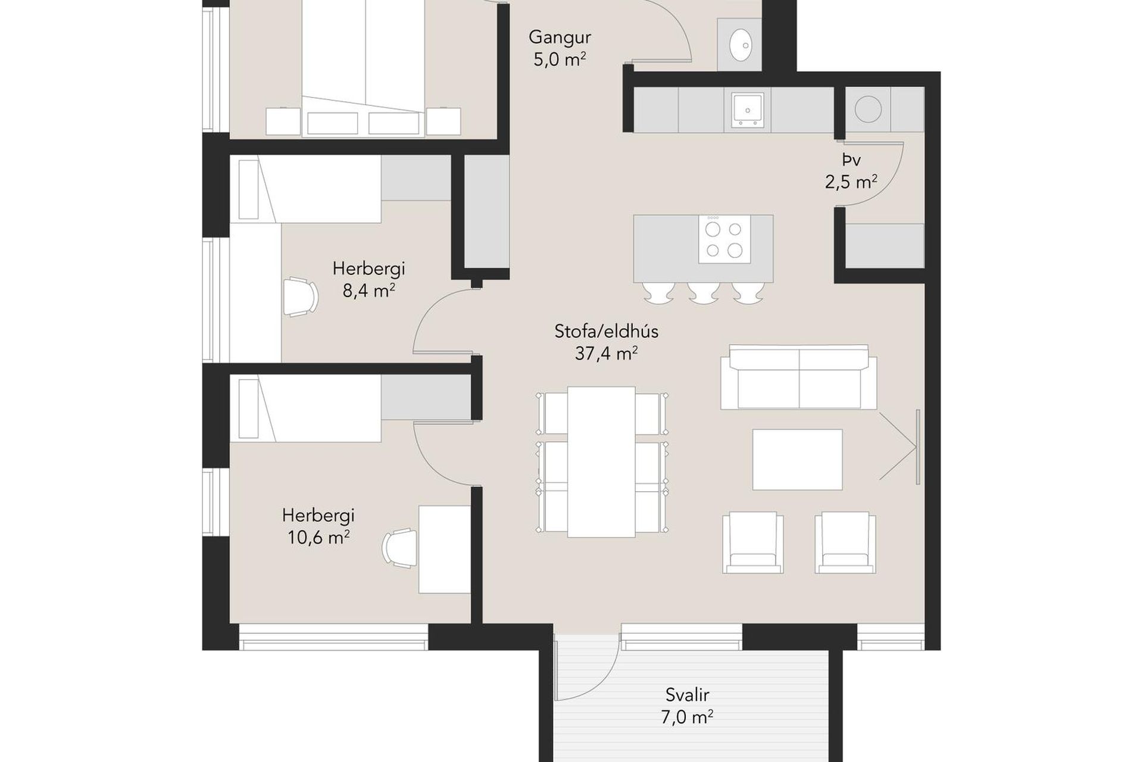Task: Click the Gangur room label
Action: click(x=560, y=38)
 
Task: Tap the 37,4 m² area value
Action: click(x=606, y=354)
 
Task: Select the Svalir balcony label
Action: click(x=688, y=695)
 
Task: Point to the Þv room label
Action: click(x=851, y=160)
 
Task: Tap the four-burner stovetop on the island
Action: click(x=724, y=239)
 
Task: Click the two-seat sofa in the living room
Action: click(x=798, y=377)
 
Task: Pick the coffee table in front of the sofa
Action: click(x=797, y=460)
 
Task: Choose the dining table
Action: click(x=601, y=462)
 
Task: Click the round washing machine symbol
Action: click(x=868, y=110)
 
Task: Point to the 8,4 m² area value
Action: click(x=369, y=291)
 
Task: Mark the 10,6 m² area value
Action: click(x=318, y=538)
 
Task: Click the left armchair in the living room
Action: click(x=752, y=542)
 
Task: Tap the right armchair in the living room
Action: click(x=845, y=542)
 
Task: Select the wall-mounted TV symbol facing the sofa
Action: click(x=918, y=446)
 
